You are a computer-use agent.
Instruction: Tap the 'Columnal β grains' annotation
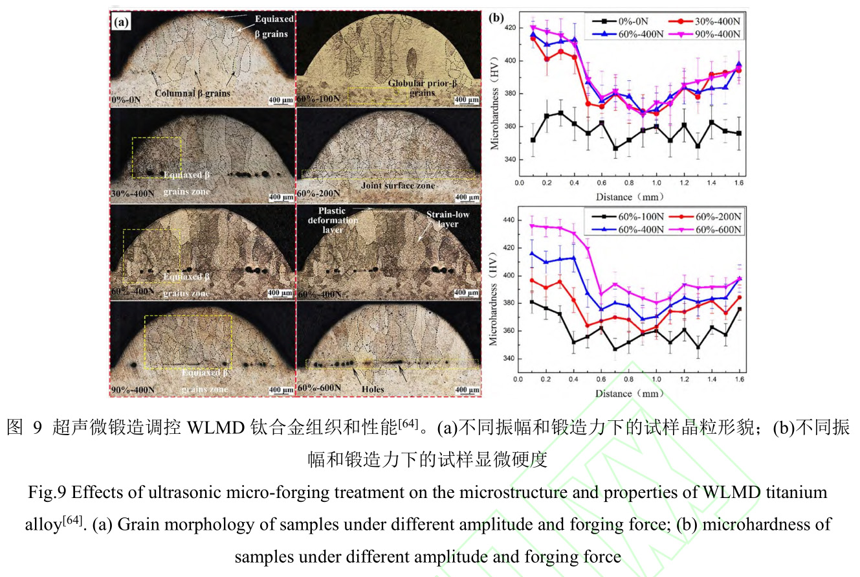coord(192,93)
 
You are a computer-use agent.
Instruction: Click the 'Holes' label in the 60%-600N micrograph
coord(373,389)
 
